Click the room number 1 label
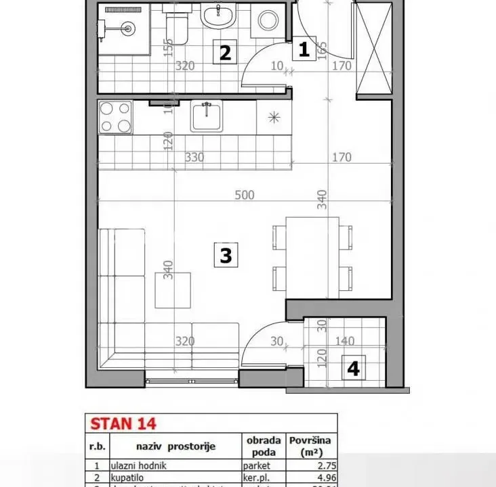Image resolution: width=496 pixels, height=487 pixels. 304,49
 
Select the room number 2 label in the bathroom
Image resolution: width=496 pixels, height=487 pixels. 226,52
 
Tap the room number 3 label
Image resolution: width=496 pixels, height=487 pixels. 226,255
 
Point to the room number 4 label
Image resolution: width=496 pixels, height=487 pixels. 353,368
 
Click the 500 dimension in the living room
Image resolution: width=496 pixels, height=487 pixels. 244,195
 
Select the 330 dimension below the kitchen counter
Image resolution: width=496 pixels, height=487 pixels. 195,157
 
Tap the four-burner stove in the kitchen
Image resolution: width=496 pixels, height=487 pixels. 115,116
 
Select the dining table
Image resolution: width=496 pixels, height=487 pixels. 312,256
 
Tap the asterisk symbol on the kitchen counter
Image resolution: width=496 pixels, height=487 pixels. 274,118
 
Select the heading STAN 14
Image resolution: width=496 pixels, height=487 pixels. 123,424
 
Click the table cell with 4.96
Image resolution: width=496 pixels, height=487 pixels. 312,478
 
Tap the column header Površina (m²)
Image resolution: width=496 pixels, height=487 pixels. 312,446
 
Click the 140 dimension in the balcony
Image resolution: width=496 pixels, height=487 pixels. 345,342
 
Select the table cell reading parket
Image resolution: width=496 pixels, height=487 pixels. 257,465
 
